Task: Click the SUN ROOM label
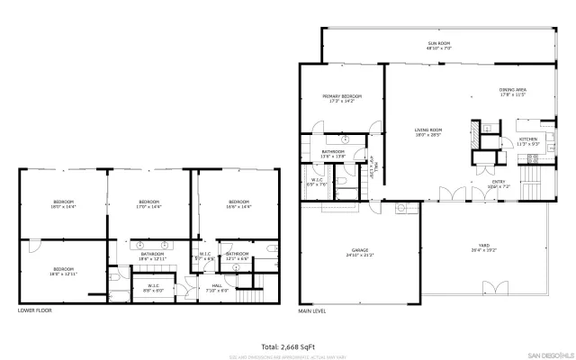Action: (x=438, y=45)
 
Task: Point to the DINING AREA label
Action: (x=512, y=92)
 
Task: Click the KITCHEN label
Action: (x=527, y=140)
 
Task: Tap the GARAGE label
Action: (x=361, y=252)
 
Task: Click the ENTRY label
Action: (x=498, y=184)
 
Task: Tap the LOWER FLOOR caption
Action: (x=35, y=310)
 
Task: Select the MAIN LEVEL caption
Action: (x=312, y=310)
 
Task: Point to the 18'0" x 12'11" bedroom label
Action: (x=63, y=271)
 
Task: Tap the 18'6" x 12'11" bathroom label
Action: (x=151, y=256)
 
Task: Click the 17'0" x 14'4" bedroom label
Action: (x=149, y=203)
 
